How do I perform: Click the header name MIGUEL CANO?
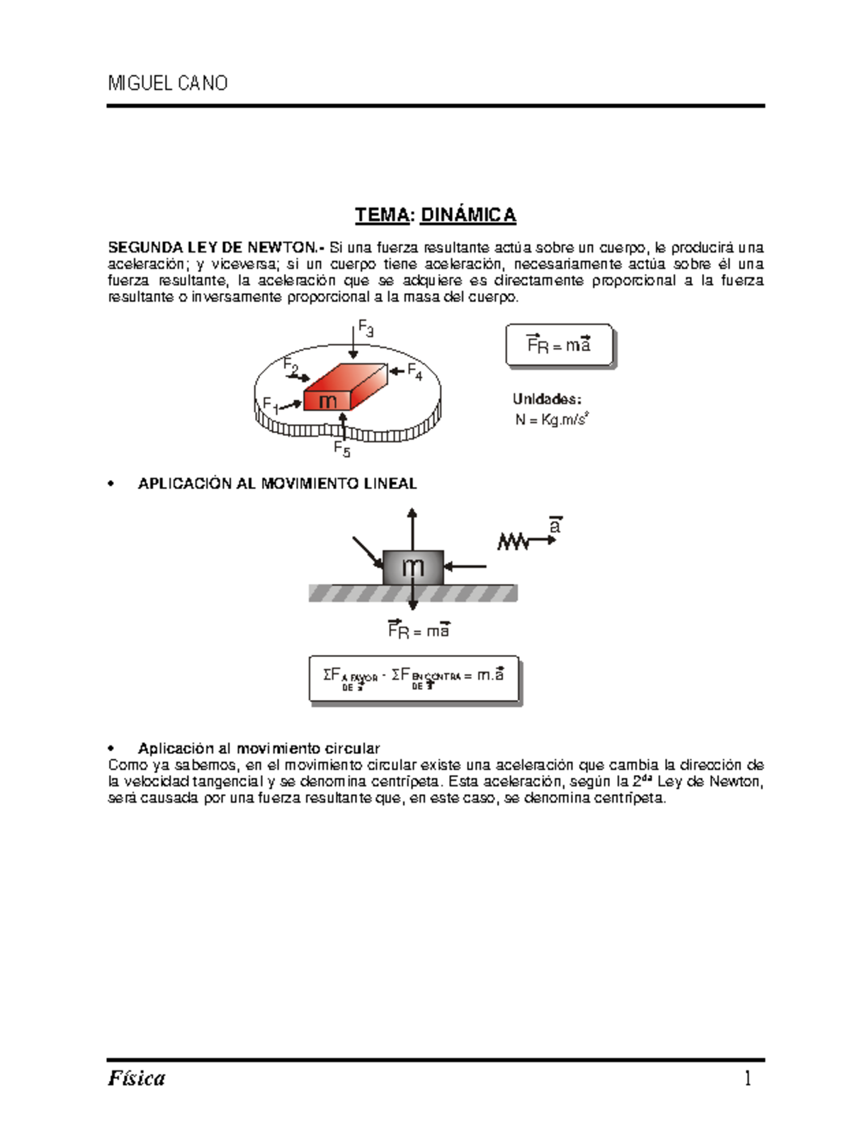coord(167,84)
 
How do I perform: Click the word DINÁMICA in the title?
coord(467,215)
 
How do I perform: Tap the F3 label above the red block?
coord(365,328)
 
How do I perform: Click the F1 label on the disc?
coord(271,404)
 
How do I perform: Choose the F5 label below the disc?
coord(342,449)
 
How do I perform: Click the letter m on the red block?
coord(328,401)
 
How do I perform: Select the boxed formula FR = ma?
coord(559,345)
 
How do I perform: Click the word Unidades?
coord(547,399)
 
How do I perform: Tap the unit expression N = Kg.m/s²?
coord(552,420)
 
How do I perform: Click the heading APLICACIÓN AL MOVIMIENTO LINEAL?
coord(277,483)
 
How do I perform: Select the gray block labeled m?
coord(413,566)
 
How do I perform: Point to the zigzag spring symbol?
coord(514,541)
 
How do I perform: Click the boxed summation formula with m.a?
coord(414,678)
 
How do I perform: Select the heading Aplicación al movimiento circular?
coord(259,748)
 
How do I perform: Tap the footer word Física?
coord(137,1078)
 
